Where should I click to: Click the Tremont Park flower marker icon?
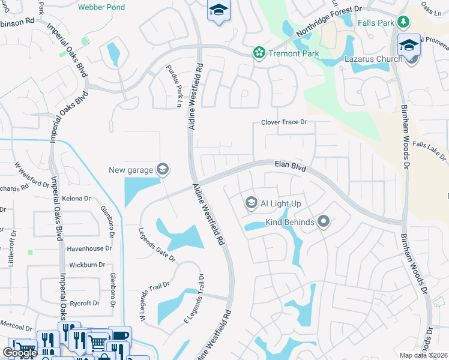[259, 53]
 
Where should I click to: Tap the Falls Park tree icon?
[405, 23]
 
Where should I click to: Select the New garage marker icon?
[162, 170]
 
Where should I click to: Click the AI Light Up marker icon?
[252, 204]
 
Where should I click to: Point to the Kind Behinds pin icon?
[324, 223]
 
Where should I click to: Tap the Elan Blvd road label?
[291, 166]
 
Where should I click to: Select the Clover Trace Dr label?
[284, 122]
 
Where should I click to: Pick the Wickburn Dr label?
[87, 265]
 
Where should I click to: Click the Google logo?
[19, 353]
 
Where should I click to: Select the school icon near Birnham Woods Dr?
[409, 46]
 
